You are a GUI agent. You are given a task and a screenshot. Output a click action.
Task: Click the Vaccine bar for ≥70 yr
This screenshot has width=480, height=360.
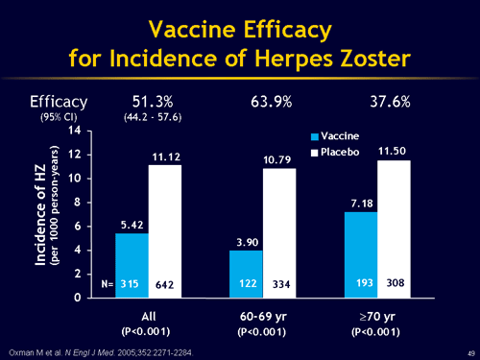click(x=361, y=254)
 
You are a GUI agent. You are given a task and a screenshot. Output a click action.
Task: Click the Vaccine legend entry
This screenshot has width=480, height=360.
click(x=336, y=136)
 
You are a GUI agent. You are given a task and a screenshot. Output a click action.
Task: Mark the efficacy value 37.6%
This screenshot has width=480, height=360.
click(x=391, y=101)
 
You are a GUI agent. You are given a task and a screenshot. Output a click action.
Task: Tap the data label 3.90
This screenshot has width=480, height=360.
click(x=245, y=243)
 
